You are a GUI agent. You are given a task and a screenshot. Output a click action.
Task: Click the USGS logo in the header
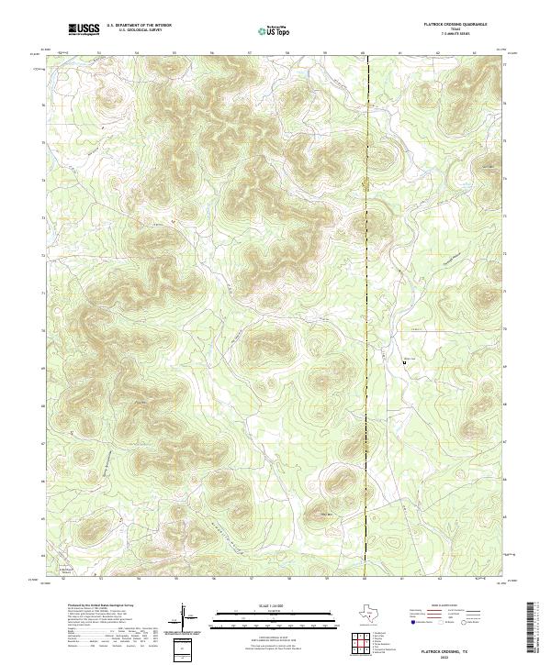coord(84,29)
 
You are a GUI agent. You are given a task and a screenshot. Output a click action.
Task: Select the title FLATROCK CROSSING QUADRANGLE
coord(455,25)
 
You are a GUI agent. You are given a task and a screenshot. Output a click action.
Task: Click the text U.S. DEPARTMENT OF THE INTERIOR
coord(139,26)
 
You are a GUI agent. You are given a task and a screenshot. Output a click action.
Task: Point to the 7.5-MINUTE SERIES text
coord(455,35)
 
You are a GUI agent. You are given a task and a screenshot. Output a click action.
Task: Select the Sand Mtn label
coord(323,515)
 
